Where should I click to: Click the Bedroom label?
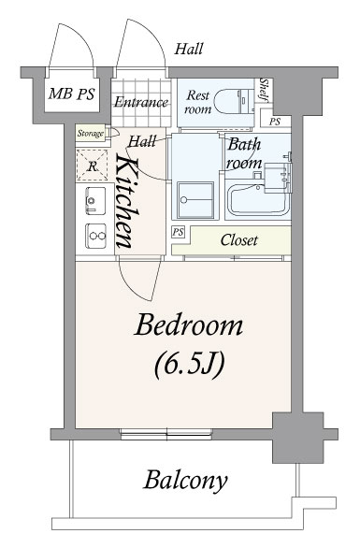pyautogui.click(x=188, y=325)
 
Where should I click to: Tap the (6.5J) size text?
pyautogui.click(x=189, y=365)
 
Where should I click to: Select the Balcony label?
pyautogui.click(x=185, y=481)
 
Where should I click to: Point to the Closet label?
pyautogui.click(x=239, y=240)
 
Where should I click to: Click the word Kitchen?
pyautogui.click(x=127, y=200)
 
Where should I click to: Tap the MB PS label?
pyautogui.click(x=72, y=94)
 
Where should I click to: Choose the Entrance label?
pyautogui.click(x=141, y=102)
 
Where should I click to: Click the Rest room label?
pyautogui.click(x=198, y=102)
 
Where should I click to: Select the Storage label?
pyautogui.click(x=91, y=134)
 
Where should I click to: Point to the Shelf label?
pyautogui.click(x=264, y=90)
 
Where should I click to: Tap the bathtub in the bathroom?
pyautogui.click(x=259, y=200)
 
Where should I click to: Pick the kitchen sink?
pyautogui.click(x=95, y=201)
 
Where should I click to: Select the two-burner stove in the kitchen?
pyautogui.click(x=95, y=236)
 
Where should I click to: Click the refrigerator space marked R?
pyautogui.click(x=92, y=166)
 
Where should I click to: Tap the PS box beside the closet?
pyautogui.click(x=178, y=232)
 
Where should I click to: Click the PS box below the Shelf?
pyautogui.click(x=276, y=122)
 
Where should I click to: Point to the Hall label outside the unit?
pyautogui.click(x=189, y=49)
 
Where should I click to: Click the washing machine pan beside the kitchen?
pyautogui.click(x=195, y=201)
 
